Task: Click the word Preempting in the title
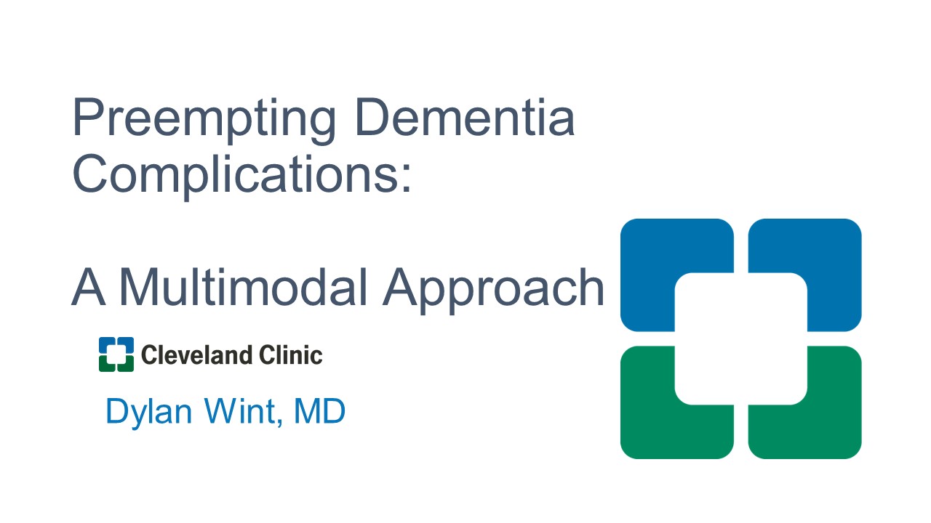(x=204, y=120)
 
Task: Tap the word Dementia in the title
(x=465, y=117)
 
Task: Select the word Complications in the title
(x=236, y=176)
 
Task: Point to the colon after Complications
(x=406, y=176)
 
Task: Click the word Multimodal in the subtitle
(x=243, y=286)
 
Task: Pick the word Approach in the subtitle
(x=493, y=290)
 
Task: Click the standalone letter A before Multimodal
(x=88, y=286)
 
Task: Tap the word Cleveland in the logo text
(x=196, y=355)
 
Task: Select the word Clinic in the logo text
(x=290, y=355)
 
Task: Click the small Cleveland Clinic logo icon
(x=116, y=354)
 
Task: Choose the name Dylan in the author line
(x=149, y=412)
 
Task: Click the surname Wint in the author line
(x=239, y=410)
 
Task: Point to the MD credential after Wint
(x=319, y=410)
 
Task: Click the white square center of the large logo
(x=741, y=338)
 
